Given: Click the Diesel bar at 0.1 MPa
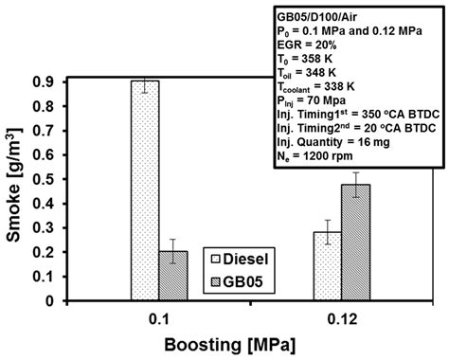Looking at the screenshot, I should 145,190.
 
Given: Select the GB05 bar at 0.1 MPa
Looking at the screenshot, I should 173,276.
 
